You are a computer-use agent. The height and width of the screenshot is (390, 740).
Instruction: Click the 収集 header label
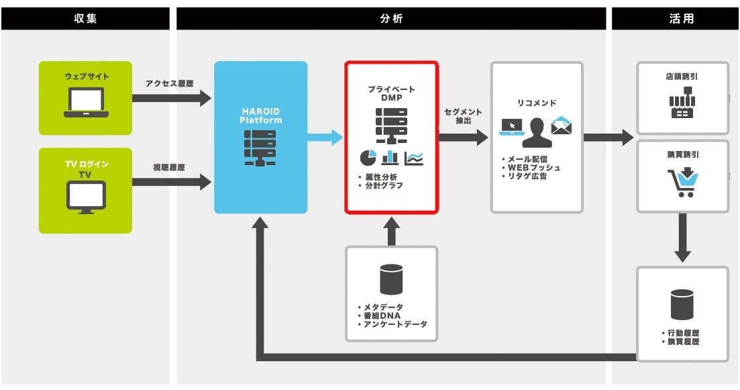[85, 19]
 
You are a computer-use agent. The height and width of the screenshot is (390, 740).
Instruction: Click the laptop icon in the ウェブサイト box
[86, 103]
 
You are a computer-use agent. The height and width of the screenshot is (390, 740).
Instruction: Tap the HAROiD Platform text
[260, 115]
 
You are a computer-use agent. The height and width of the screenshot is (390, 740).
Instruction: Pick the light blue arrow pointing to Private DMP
[325, 138]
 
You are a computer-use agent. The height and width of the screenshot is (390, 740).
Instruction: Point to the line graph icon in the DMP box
[414, 158]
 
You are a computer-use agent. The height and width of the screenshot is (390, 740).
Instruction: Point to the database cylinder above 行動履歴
[682, 304]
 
